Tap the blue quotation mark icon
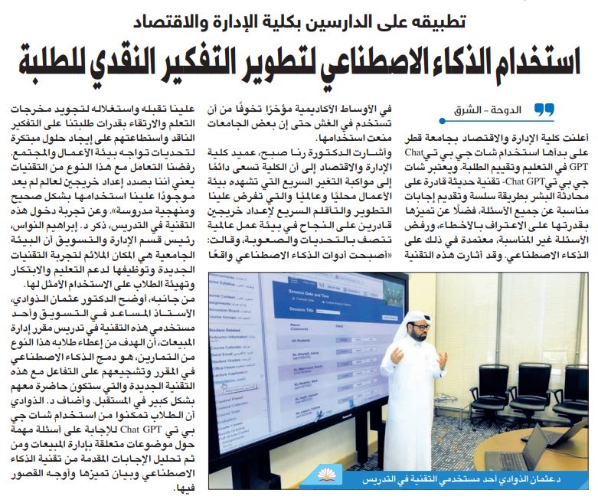click(x=543, y=110)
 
